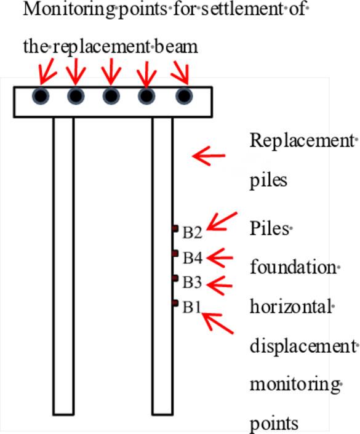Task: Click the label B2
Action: pos(192,232)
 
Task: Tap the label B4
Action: pos(192,257)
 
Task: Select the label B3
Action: pos(192,283)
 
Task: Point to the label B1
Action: pos(192,307)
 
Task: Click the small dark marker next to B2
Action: pos(175,228)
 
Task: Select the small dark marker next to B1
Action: pos(175,302)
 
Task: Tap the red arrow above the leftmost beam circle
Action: pos(46,71)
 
